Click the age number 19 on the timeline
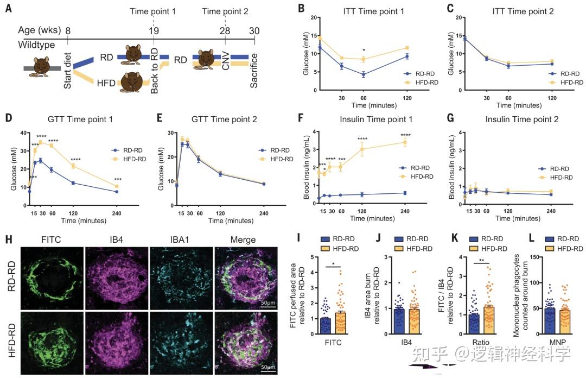click(x=154, y=31)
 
